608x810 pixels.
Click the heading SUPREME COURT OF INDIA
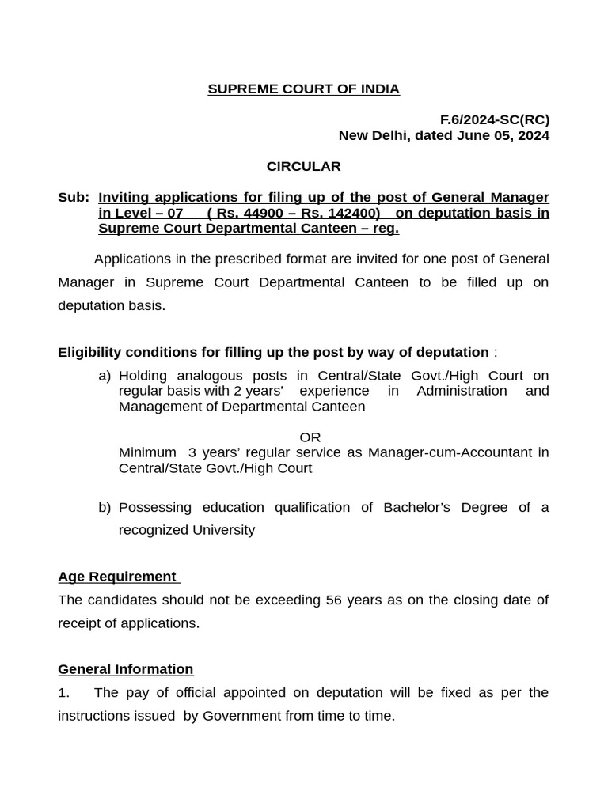(x=303, y=89)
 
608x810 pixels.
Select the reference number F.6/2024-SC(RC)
(x=494, y=120)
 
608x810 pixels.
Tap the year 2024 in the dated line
(x=532, y=135)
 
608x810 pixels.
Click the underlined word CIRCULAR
(x=303, y=167)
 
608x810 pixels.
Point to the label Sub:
(x=73, y=197)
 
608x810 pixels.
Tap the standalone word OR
(x=310, y=437)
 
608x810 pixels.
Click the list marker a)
(x=104, y=376)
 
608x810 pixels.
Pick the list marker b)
(x=104, y=508)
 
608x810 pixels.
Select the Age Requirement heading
(x=117, y=577)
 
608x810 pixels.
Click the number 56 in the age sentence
(x=333, y=600)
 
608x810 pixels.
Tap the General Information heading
(x=125, y=669)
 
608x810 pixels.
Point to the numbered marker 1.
(x=63, y=693)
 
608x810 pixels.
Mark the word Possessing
(x=154, y=508)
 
